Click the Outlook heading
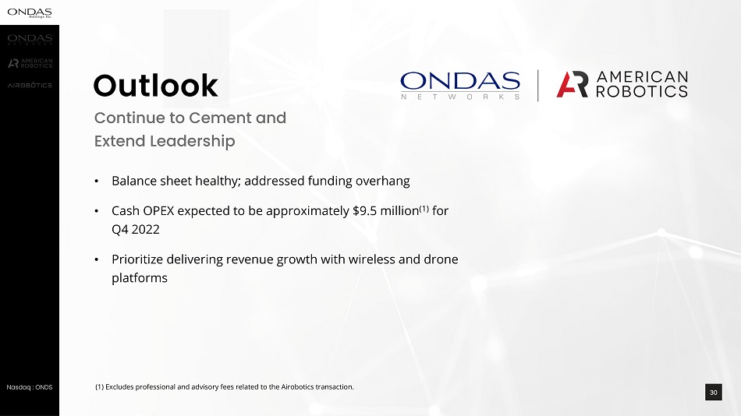(x=155, y=86)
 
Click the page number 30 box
(x=713, y=392)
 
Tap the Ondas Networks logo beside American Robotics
(x=460, y=86)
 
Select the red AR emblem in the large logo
(x=573, y=84)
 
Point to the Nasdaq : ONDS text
(x=30, y=387)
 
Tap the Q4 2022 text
(x=136, y=230)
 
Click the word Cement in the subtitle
(x=222, y=118)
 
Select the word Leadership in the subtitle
(x=193, y=141)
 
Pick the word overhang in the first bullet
(x=383, y=181)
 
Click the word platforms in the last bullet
(x=140, y=278)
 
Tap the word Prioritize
(x=137, y=259)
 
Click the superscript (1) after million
(x=424, y=208)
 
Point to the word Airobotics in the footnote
(x=297, y=386)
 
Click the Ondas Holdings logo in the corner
(x=30, y=12)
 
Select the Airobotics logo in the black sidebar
(x=30, y=85)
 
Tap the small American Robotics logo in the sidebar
(x=30, y=63)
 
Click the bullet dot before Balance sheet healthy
(x=97, y=182)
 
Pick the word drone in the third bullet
(x=441, y=259)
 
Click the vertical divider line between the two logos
(x=537, y=86)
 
